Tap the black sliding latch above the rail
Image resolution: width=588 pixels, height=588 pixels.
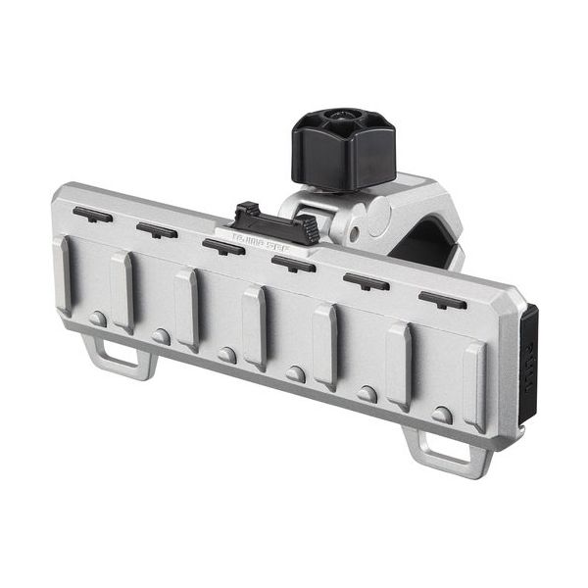click(x=276, y=220)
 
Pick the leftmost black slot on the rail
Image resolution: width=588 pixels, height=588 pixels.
click(x=92, y=214)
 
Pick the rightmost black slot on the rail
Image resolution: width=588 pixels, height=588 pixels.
click(x=442, y=300)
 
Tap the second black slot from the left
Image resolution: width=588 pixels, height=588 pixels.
click(x=156, y=229)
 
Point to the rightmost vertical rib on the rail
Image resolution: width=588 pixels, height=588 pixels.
click(x=474, y=386)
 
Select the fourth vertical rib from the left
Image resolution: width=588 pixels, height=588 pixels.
click(x=254, y=326)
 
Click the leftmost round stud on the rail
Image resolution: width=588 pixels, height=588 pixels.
click(x=97, y=318)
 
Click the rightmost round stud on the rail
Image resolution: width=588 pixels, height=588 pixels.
click(x=443, y=415)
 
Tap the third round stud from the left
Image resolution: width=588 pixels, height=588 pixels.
click(x=227, y=354)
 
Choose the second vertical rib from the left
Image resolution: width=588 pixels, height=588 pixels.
click(x=122, y=291)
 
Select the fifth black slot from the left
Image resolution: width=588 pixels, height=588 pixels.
click(x=366, y=282)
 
